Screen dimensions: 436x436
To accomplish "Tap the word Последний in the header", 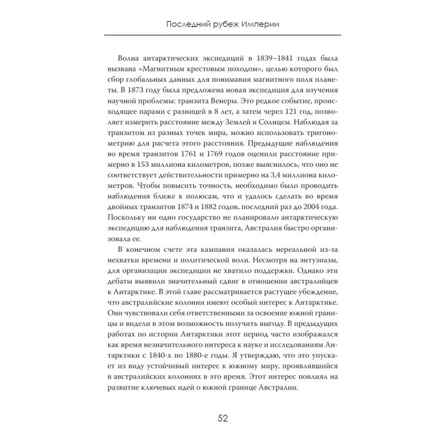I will tap(184, 25).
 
